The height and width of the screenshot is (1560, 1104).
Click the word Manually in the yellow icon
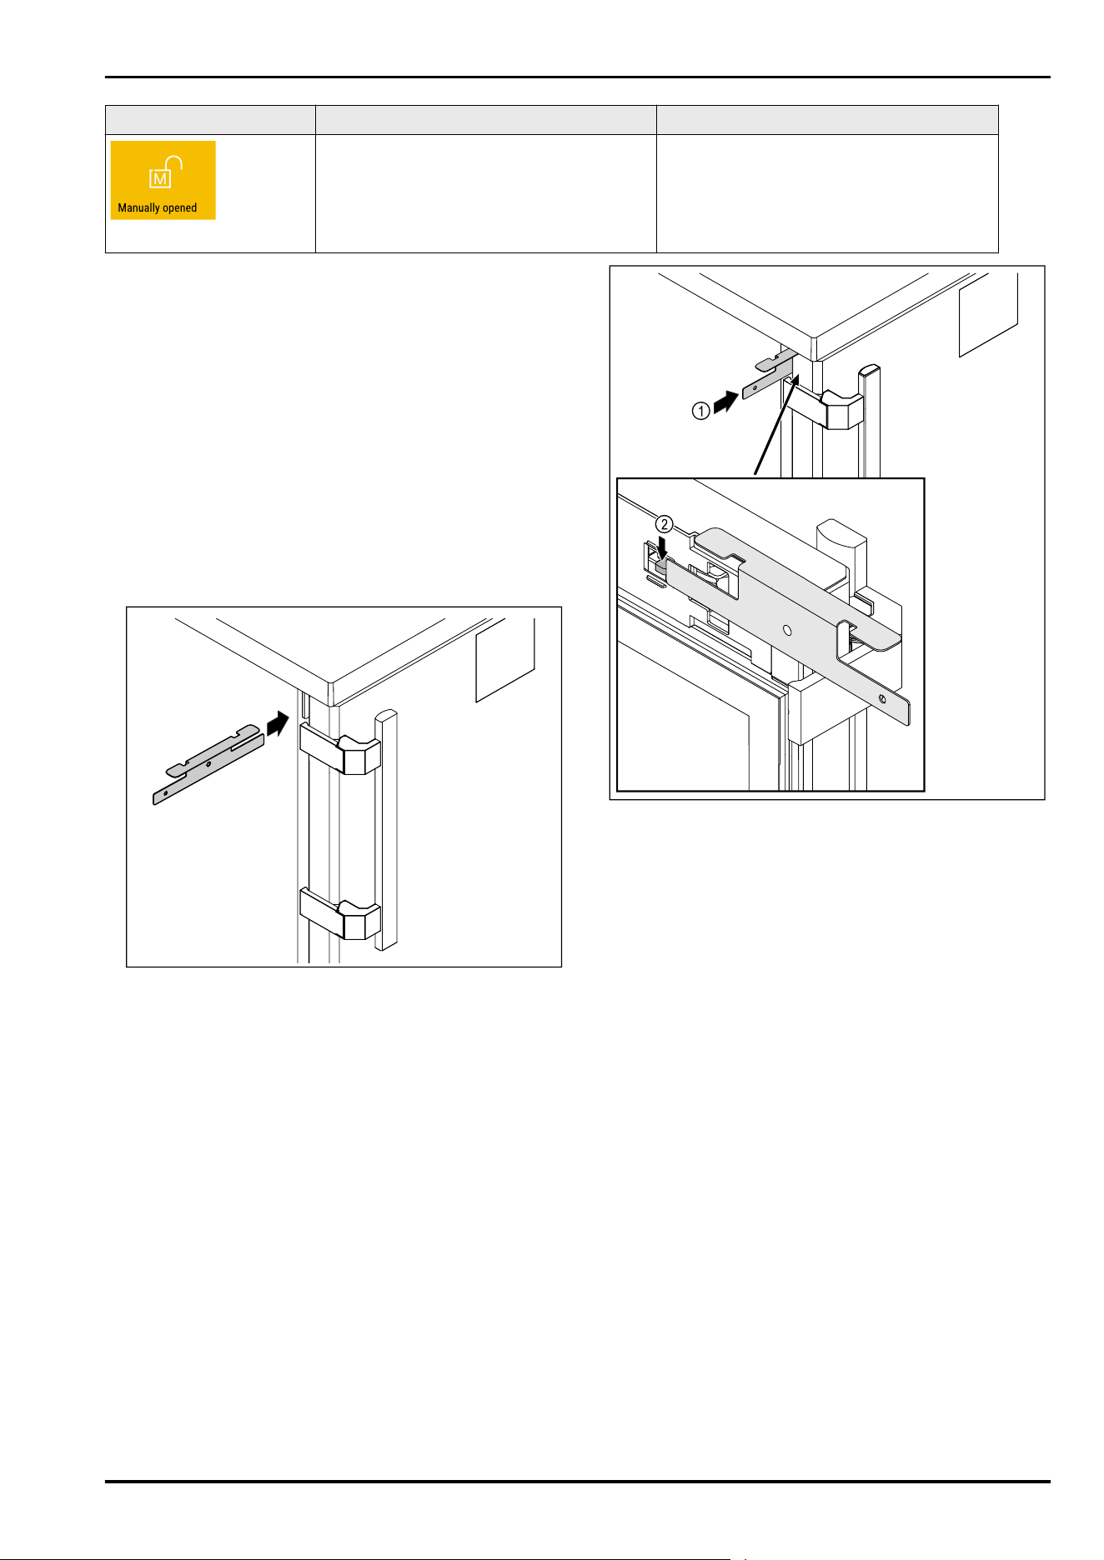pyautogui.click(x=139, y=208)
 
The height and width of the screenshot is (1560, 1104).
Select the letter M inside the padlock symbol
pyautogui.click(x=160, y=179)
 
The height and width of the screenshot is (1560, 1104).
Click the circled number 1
pyautogui.click(x=701, y=410)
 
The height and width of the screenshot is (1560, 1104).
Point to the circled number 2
pyautogui.click(x=664, y=524)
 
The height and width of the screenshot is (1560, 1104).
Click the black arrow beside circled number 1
pyautogui.click(x=726, y=402)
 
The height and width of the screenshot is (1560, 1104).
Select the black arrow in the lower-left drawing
pyautogui.click(x=279, y=723)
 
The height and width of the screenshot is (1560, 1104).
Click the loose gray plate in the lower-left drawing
pyautogui.click(x=208, y=763)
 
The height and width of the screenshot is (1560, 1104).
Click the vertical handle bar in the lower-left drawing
pyautogui.click(x=386, y=829)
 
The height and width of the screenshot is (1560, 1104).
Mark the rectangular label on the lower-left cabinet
pyautogui.click(x=505, y=660)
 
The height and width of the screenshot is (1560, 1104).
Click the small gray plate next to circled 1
pyautogui.click(x=770, y=375)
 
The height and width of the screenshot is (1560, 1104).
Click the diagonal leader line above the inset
pyautogui.click(x=776, y=425)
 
